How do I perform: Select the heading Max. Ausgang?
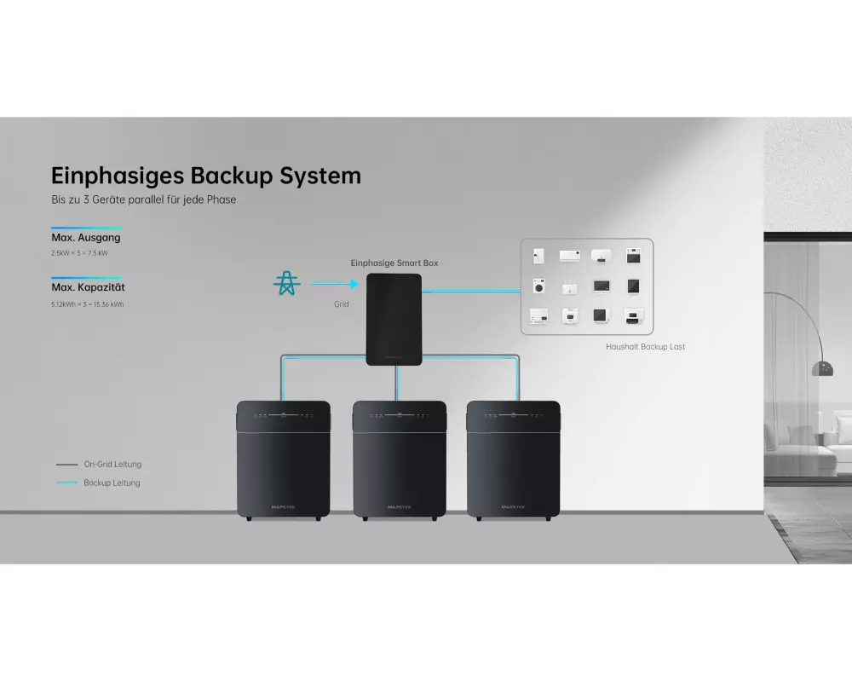pyautogui.click(x=86, y=238)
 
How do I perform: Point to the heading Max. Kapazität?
pyautogui.click(x=89, y=288)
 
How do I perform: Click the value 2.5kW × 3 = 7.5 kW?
pyautogui.click(x=79, y=253)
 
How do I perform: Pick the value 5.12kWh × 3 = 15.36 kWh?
pyautogui.click(x=87, y=304)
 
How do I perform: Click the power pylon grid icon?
pyautogui.click(x=286, y=283)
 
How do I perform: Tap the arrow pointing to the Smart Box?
pyautogui.click(x=333, y=284)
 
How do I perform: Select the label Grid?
pyautogui.click(x=341, y=303)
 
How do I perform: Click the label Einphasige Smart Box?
pyautogui.click(x=394, y=263)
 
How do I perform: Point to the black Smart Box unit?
pyautogui.click(x=394, y=319)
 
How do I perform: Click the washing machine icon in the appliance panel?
pyautogui.click(x=538, y=286)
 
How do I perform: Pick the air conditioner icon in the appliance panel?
pyautogui.click(x=569, y=255)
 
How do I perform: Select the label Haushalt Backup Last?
pyautogui.click(x=645, y=347)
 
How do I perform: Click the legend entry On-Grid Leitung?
pyautogui.click(x=112, y=465)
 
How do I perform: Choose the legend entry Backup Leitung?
pyautogui.click(x=112, y=483)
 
